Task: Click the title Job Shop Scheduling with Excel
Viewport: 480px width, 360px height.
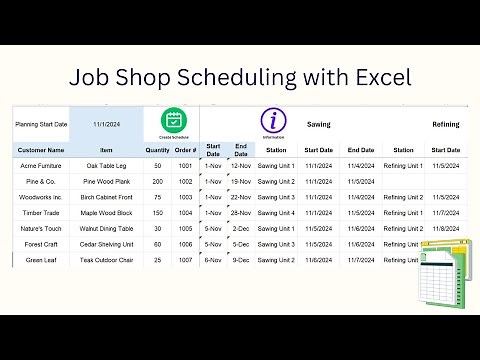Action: [x=240, y=76]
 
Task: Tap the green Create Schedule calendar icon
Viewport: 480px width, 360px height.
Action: [x=173, y=121]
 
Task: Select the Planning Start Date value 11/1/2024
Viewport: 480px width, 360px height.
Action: [x=106, y=125]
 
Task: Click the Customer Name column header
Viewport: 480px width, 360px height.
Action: [x=40, y=150]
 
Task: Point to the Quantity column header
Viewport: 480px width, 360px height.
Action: [x=158, y=150]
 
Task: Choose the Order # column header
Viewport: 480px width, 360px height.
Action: [x=186, y=150]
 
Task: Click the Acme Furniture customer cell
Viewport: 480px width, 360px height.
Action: [x=40, y=166]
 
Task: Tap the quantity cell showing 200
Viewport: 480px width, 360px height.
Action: [x=158, y=181]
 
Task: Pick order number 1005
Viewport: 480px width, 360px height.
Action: [x=186, y=228]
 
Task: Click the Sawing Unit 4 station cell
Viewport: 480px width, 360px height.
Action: [x=276, y=212]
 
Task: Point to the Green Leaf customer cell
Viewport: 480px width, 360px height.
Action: [x=40, y=259]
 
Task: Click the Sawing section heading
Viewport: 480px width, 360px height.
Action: [x=319, y=125]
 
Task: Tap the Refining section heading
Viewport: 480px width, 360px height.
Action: [x=445, y=125]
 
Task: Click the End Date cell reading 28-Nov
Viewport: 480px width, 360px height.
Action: [x=241, y=212]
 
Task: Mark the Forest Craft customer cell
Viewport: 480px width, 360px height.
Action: [x=40, y=244]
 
